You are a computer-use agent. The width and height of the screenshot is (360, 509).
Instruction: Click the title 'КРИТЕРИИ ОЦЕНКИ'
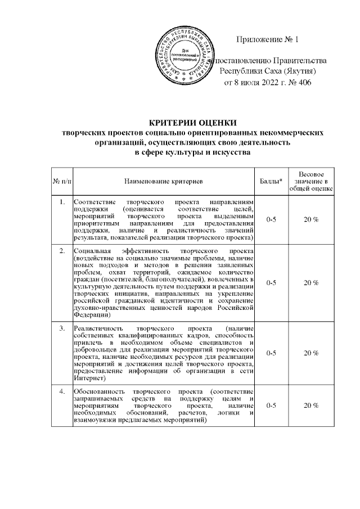193,123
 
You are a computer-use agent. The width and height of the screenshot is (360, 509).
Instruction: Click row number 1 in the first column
61,201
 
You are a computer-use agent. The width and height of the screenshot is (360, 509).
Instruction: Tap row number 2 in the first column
61,250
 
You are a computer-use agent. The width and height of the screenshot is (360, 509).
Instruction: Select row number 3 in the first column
61,328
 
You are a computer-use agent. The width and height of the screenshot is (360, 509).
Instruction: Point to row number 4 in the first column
61,390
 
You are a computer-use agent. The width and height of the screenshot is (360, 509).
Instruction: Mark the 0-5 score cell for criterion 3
271,353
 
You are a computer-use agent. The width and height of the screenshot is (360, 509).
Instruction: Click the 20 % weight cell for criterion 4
311,405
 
